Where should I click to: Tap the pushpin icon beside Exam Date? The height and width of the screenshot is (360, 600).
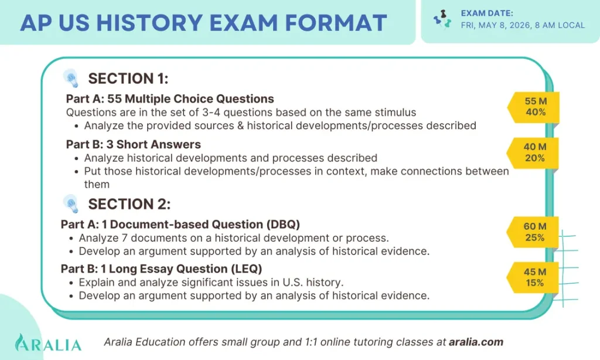tap(442, 20)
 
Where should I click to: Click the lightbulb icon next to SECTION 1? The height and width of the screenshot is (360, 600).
tap(71, 78)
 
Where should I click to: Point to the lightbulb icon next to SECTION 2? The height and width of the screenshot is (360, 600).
tap(71, 203)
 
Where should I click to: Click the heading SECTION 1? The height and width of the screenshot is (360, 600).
tap(128, 79)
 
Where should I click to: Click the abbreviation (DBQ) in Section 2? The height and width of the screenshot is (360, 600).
tap(284, 224)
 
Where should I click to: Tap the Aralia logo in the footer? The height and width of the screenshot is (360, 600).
tap(48, 342)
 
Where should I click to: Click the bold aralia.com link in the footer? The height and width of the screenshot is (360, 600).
tap(475, 342)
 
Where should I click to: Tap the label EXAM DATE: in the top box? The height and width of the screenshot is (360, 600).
tap(487, 13)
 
